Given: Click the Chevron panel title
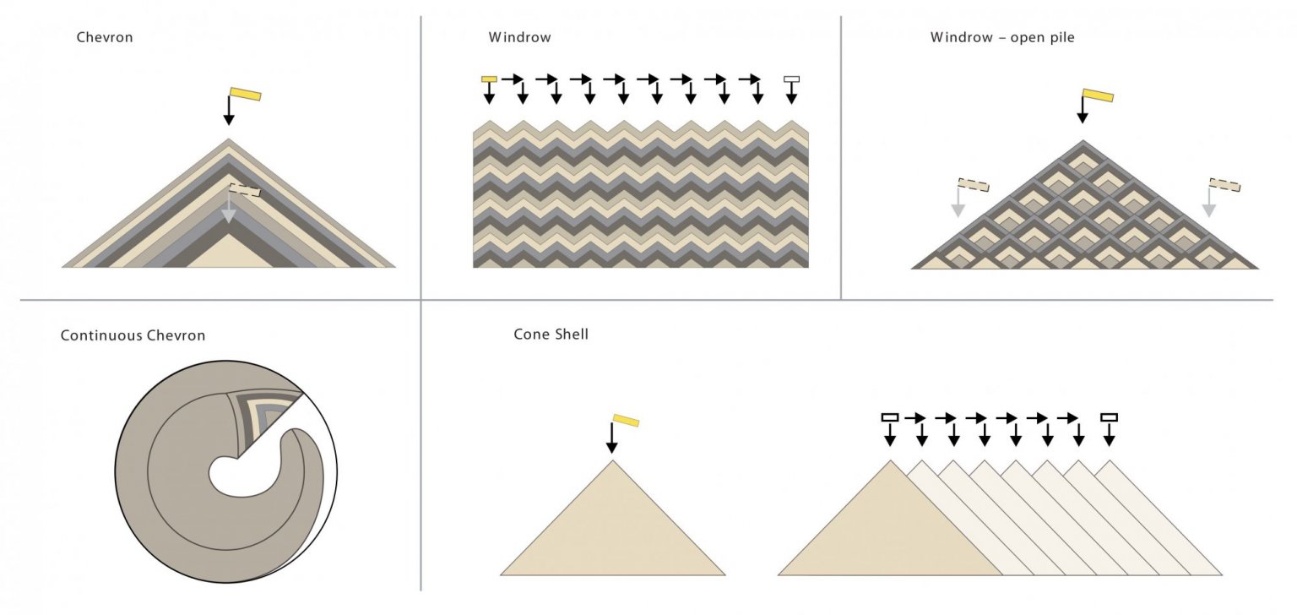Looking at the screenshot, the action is [x=105, y=38].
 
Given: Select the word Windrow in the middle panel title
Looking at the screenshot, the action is [x=519, y=38].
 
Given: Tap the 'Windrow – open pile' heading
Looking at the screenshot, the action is [x=1002, y=38].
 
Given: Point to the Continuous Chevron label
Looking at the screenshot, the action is [x=133, y=336].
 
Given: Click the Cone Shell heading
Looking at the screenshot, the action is [x=551, y=335].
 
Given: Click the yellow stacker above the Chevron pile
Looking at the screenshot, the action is [x=246, y=94].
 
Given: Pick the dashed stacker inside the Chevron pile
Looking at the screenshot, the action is [x=245, y=189].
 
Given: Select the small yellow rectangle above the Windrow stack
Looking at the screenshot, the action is [x=489, y=79].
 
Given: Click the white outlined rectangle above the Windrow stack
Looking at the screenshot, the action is [x=791, y=79].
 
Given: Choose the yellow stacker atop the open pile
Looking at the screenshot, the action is [x=1098, y=95].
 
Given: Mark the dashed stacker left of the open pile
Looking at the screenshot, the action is [x=974, y=185].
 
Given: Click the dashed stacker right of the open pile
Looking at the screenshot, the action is [x=1224, y=185].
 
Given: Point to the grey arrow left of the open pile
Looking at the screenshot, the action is [x=958, y=202].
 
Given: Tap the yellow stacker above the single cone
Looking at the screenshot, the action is [x=626, y=421].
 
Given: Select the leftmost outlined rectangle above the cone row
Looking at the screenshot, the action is [x=890, y=417].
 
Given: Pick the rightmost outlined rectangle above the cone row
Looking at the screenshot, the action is [x=1109, y=417].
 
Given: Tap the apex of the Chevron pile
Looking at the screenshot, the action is [x=229, y=139].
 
